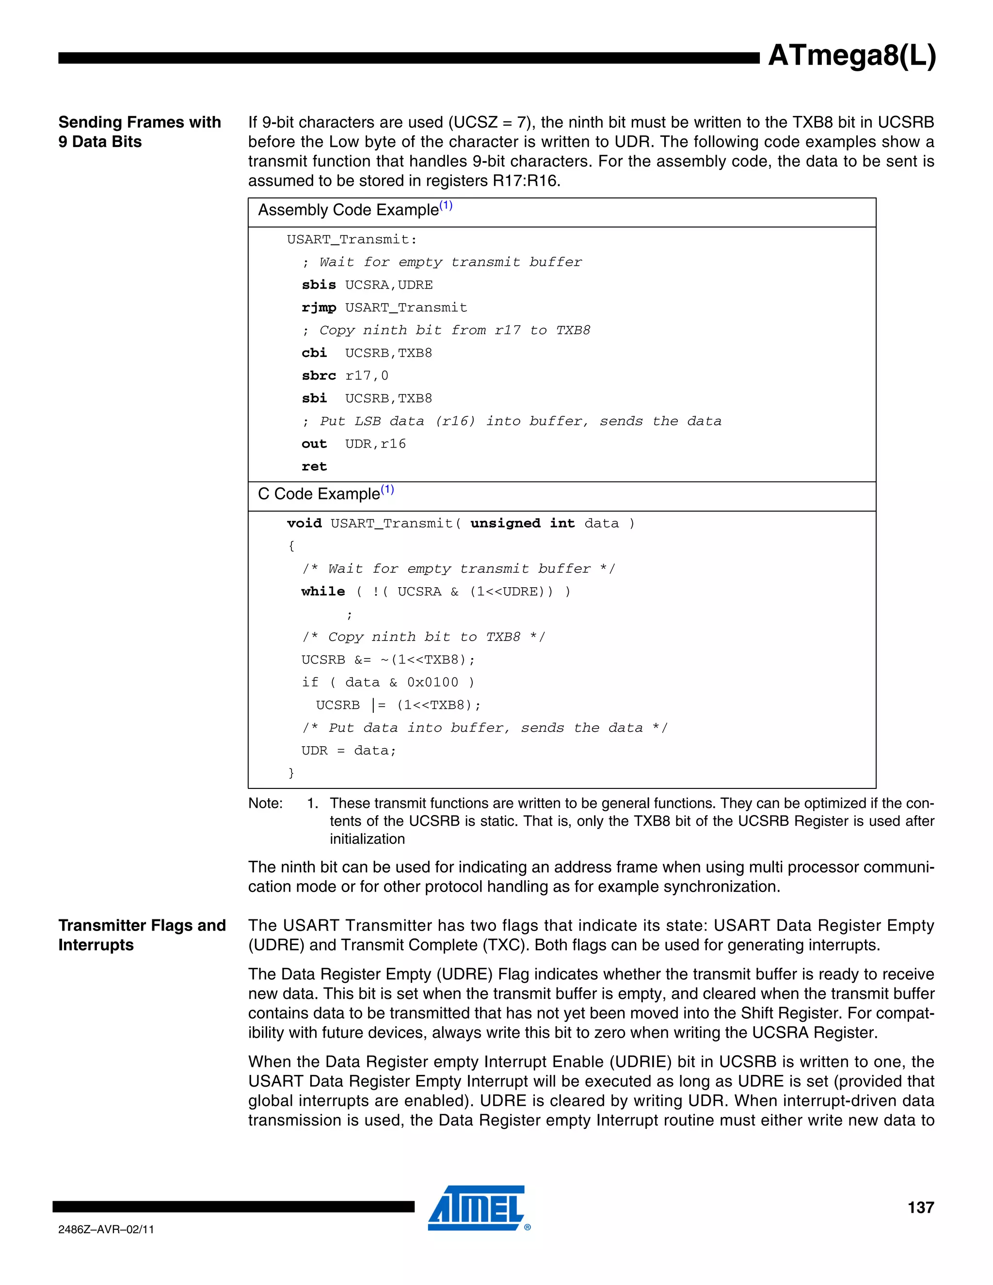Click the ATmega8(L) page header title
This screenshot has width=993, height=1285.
point(851,56)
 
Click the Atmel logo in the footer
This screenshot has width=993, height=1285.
point(477,1208)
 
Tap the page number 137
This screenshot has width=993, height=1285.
point(920,1207)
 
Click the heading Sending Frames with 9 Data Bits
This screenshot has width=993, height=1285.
point(140,132)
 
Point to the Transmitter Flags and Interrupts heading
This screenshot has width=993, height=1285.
point(142,935)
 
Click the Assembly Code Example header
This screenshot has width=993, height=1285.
point(355,210)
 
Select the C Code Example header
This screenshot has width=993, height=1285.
point(325,494)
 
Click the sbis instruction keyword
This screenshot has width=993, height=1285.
point(319,285)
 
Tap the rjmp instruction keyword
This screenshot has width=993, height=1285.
point(319,308)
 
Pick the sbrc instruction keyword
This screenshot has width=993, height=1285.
point(319,375)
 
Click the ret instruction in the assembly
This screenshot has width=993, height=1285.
point(314,466)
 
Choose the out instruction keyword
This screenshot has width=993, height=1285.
point(314,444)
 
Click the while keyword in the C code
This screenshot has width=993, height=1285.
point(323,591)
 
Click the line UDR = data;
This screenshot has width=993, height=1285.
point(349,751)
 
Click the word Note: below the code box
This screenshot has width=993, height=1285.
point(265,803)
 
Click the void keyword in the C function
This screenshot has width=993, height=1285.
point(304,523)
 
